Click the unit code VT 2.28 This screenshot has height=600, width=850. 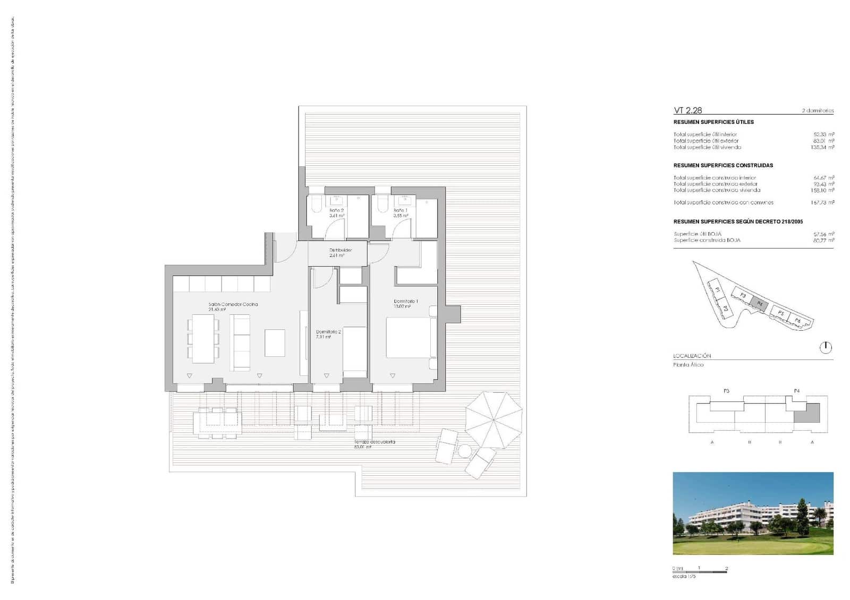[687, 110]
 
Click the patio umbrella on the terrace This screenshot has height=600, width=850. [494, 419]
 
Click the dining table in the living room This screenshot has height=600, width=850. [203, 339]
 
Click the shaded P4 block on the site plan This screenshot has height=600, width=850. [760, 304]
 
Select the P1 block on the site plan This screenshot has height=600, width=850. [717, 290]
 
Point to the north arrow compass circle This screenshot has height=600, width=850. [826, 348]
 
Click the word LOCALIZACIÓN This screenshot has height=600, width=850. [692, 356]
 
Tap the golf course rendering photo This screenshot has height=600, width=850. [753, 513]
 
